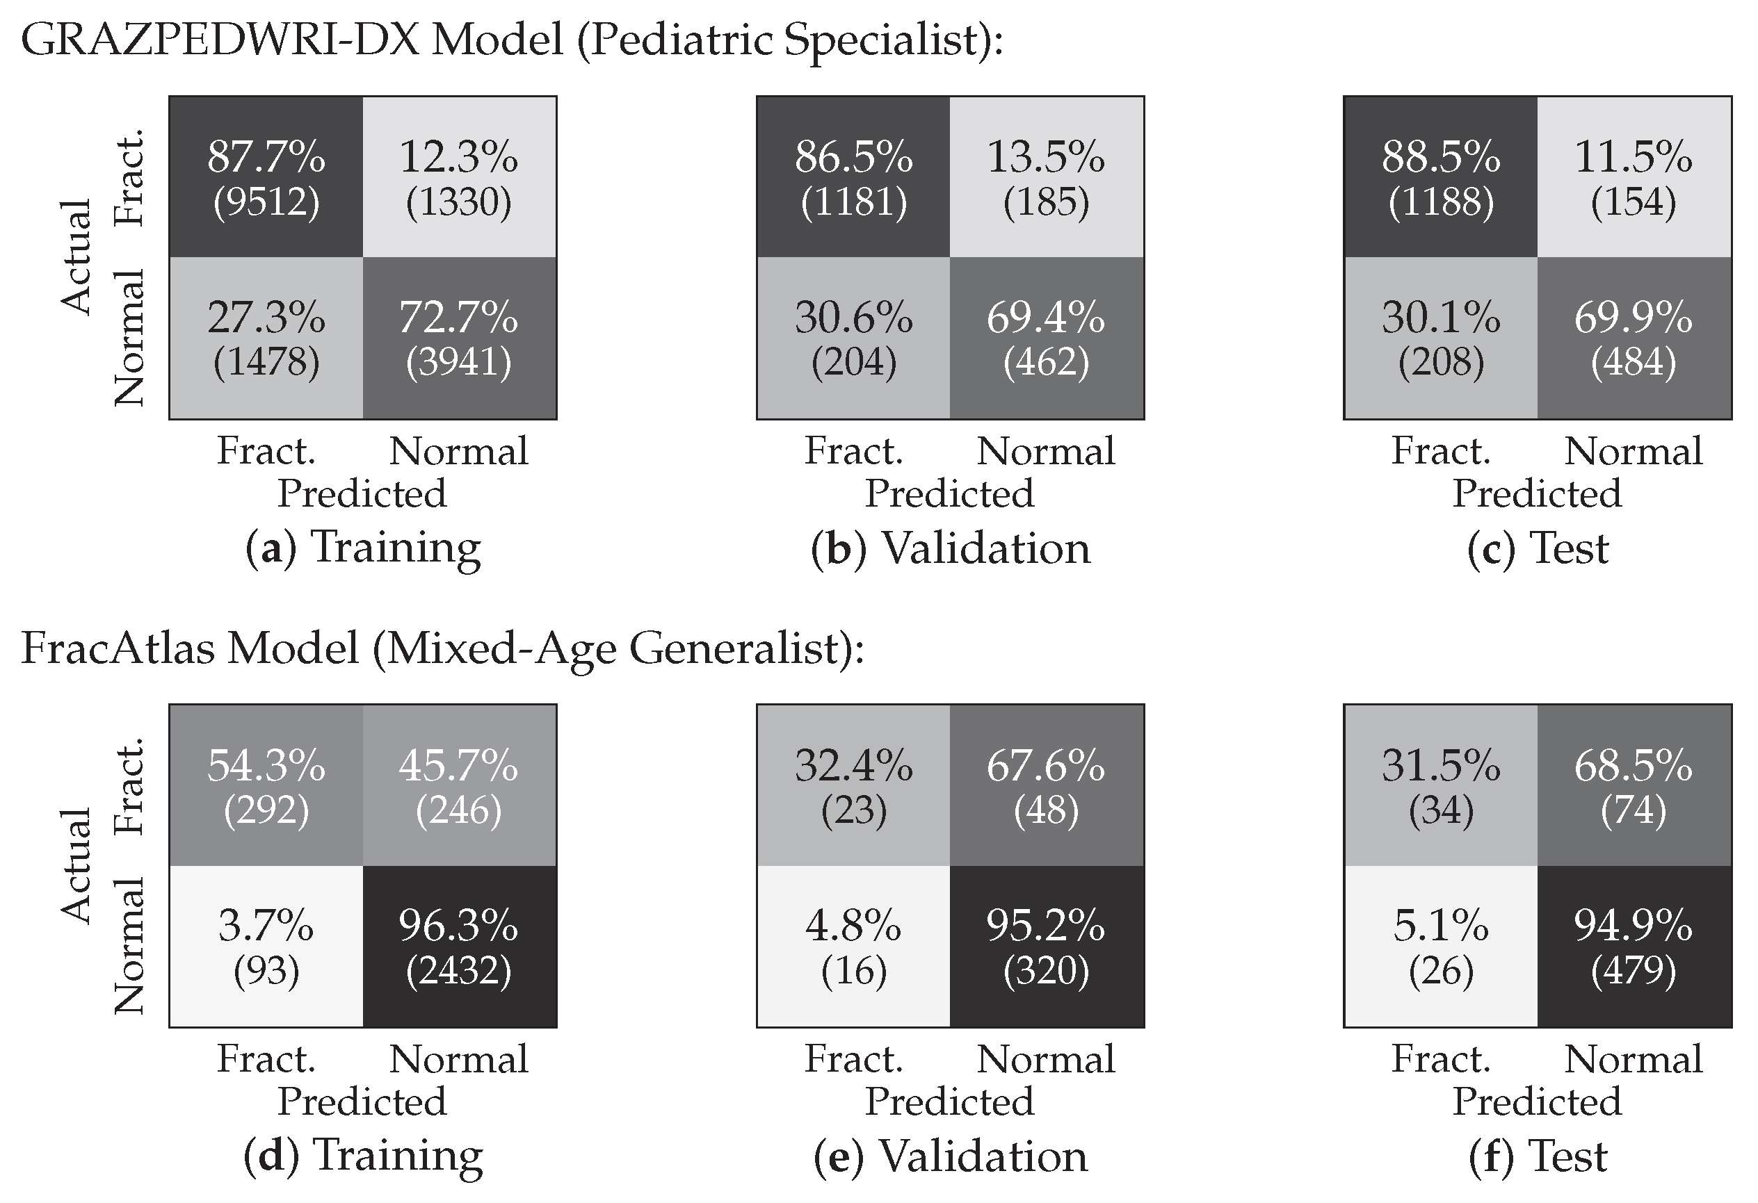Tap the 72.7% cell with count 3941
[460, 338]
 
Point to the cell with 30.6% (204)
[854, 338]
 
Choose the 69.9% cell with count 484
[1634, 338]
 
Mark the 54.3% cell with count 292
[266, 785]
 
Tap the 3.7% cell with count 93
[266, 947]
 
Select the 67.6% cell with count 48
[1047, 785]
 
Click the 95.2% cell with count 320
[1047, 947]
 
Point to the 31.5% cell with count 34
[1441, 785]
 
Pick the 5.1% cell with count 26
[1441, 947]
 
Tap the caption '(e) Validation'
[951, 1157]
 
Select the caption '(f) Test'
[1538, 1157]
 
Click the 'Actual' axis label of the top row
[76, 257]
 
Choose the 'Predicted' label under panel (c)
[1537, 493]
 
